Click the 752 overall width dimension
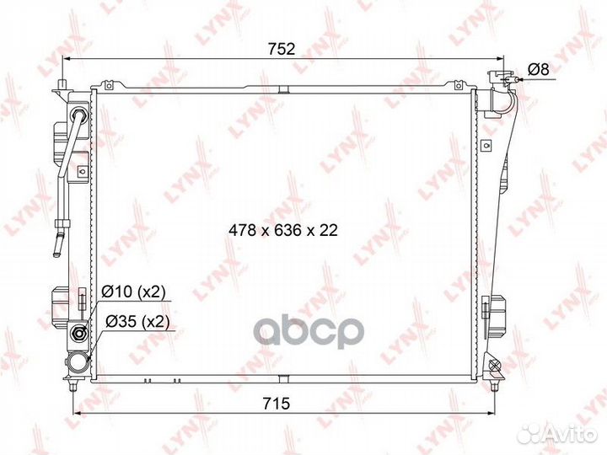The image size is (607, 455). click(x=282, y=49)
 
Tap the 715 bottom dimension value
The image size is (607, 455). click(x=277, y=404)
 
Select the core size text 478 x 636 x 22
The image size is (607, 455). click(x=283, y=230)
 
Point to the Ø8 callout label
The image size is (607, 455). click(x=539, y=70)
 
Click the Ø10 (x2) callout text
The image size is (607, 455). click(x=133, y=292)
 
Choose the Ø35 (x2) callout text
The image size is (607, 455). click(x=137, y=321)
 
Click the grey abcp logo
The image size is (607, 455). click(x=309, y=333)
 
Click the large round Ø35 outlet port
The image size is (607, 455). click(x=77, y=362)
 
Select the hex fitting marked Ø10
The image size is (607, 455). click(x=79, y=333)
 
